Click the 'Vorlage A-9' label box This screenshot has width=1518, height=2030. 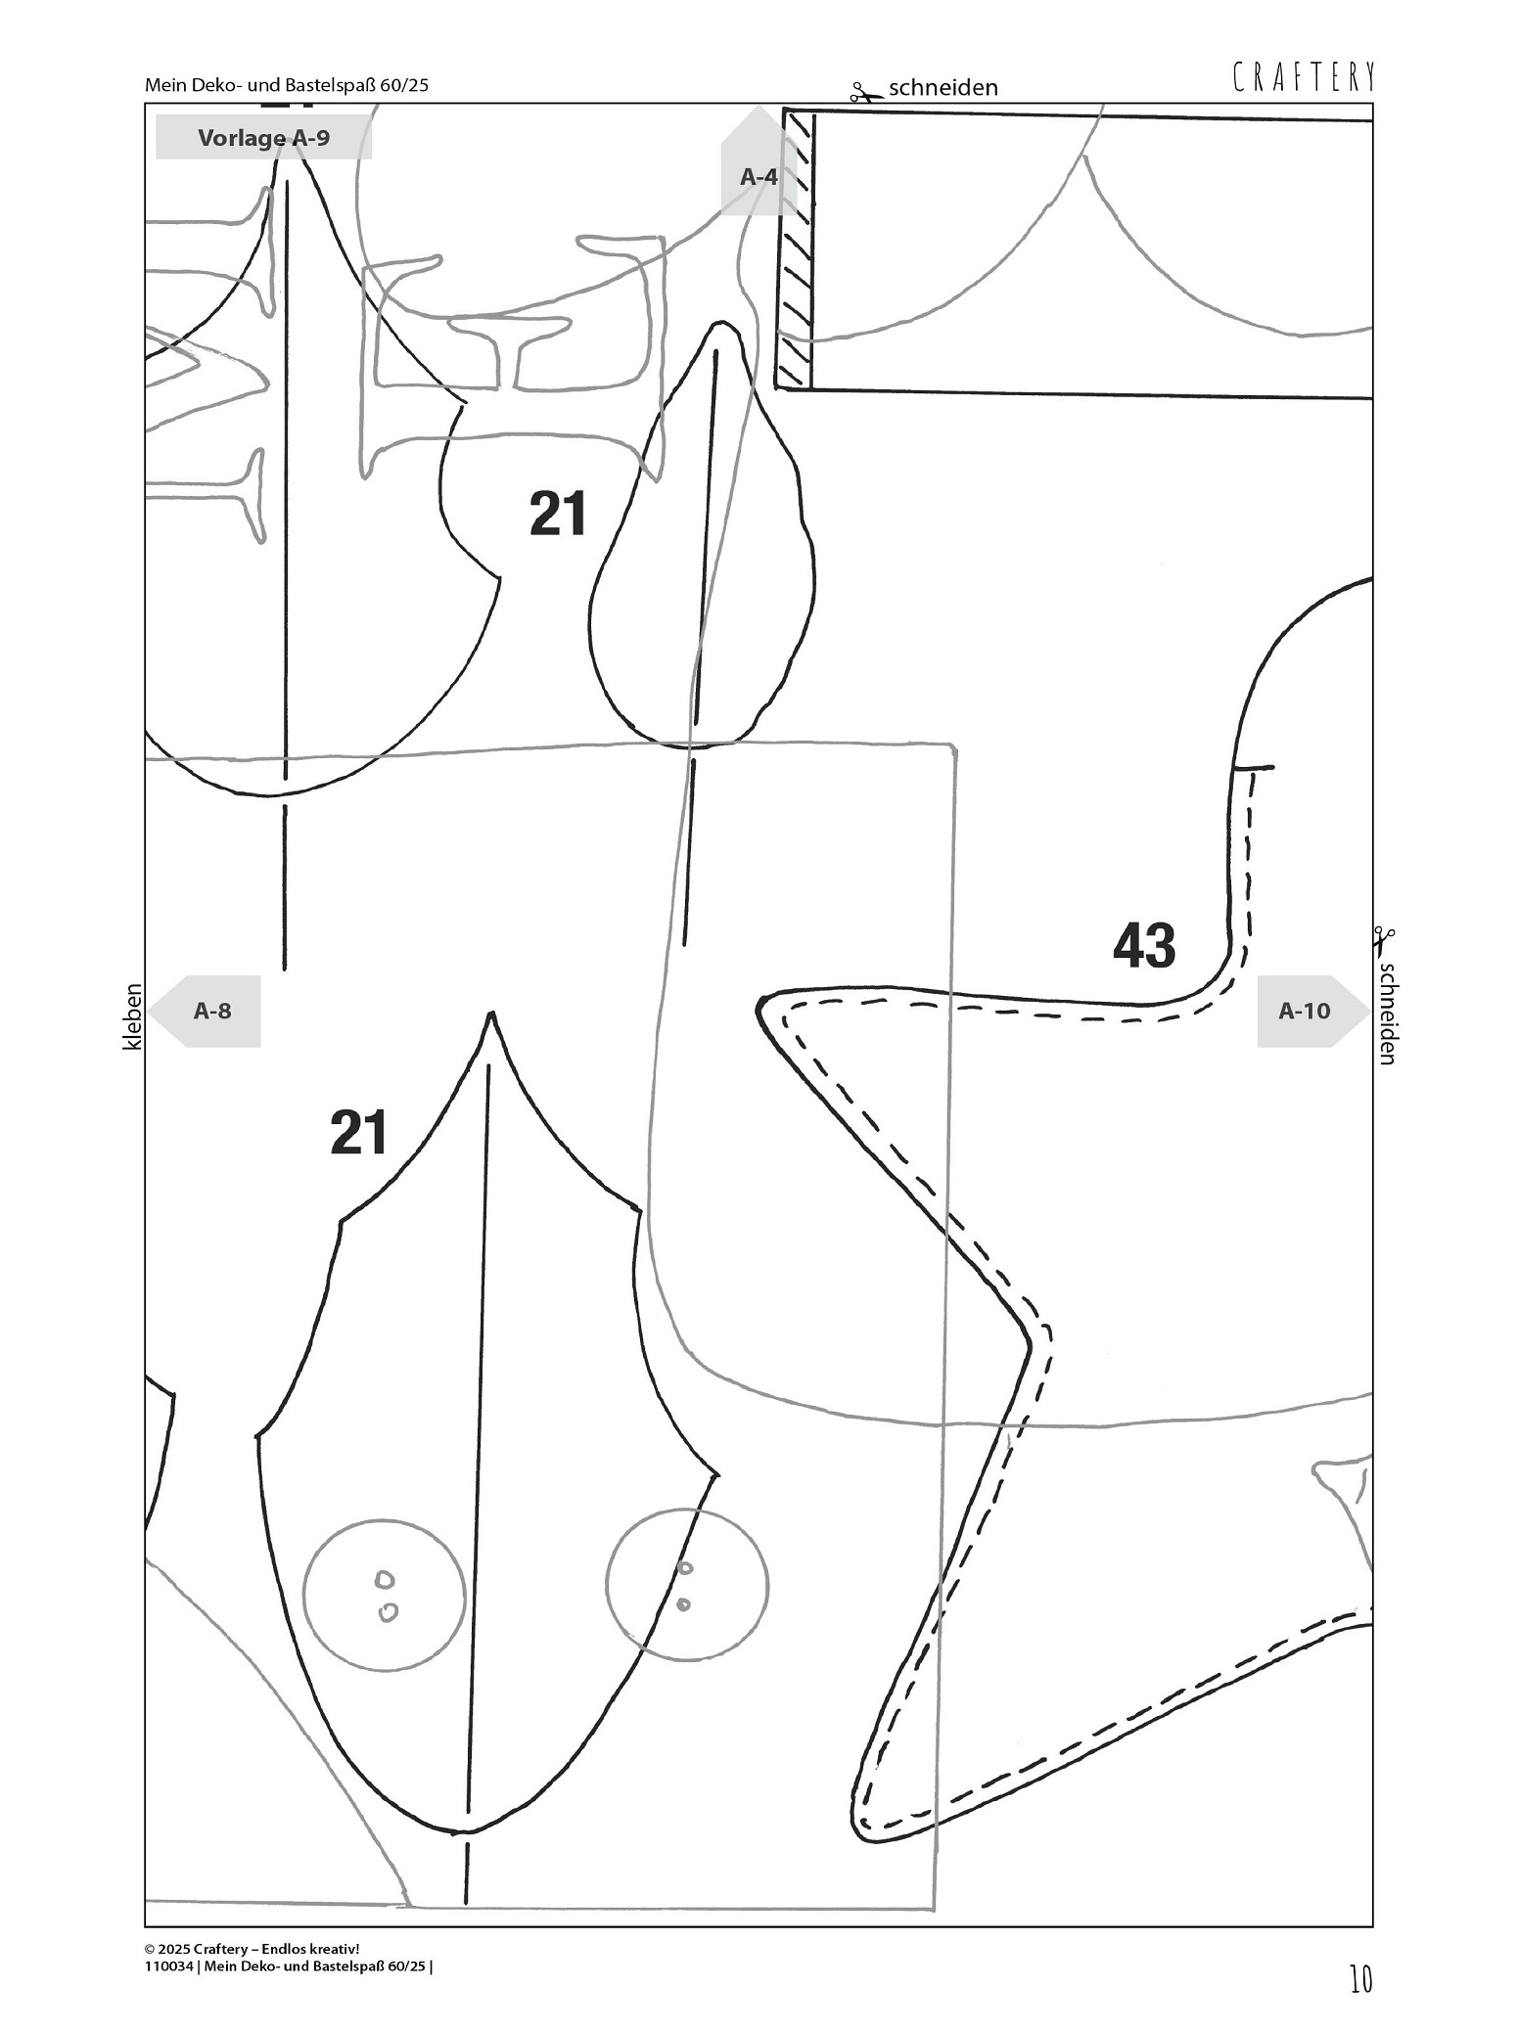tap(263, 137)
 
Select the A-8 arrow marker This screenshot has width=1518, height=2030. tap(211, 1011)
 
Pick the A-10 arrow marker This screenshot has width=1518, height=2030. tap(1307, 1011)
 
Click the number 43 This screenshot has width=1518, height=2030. tap(1144, 945)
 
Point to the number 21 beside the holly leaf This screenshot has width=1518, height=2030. tap(358, 1132)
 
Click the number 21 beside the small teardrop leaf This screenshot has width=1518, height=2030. tap(558, 514)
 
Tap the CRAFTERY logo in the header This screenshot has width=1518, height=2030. tap(1304, 77)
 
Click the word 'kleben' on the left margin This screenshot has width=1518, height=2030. tap(133, 1016)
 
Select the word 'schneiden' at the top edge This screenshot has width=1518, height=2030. tap(943, 88)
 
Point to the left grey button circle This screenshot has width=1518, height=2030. tap(384, 1594)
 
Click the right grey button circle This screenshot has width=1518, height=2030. tap(686, 1585)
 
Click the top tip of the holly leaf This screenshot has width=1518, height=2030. tap(490, 1016)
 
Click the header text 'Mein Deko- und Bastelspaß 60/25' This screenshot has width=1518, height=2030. tap(287, 85)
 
